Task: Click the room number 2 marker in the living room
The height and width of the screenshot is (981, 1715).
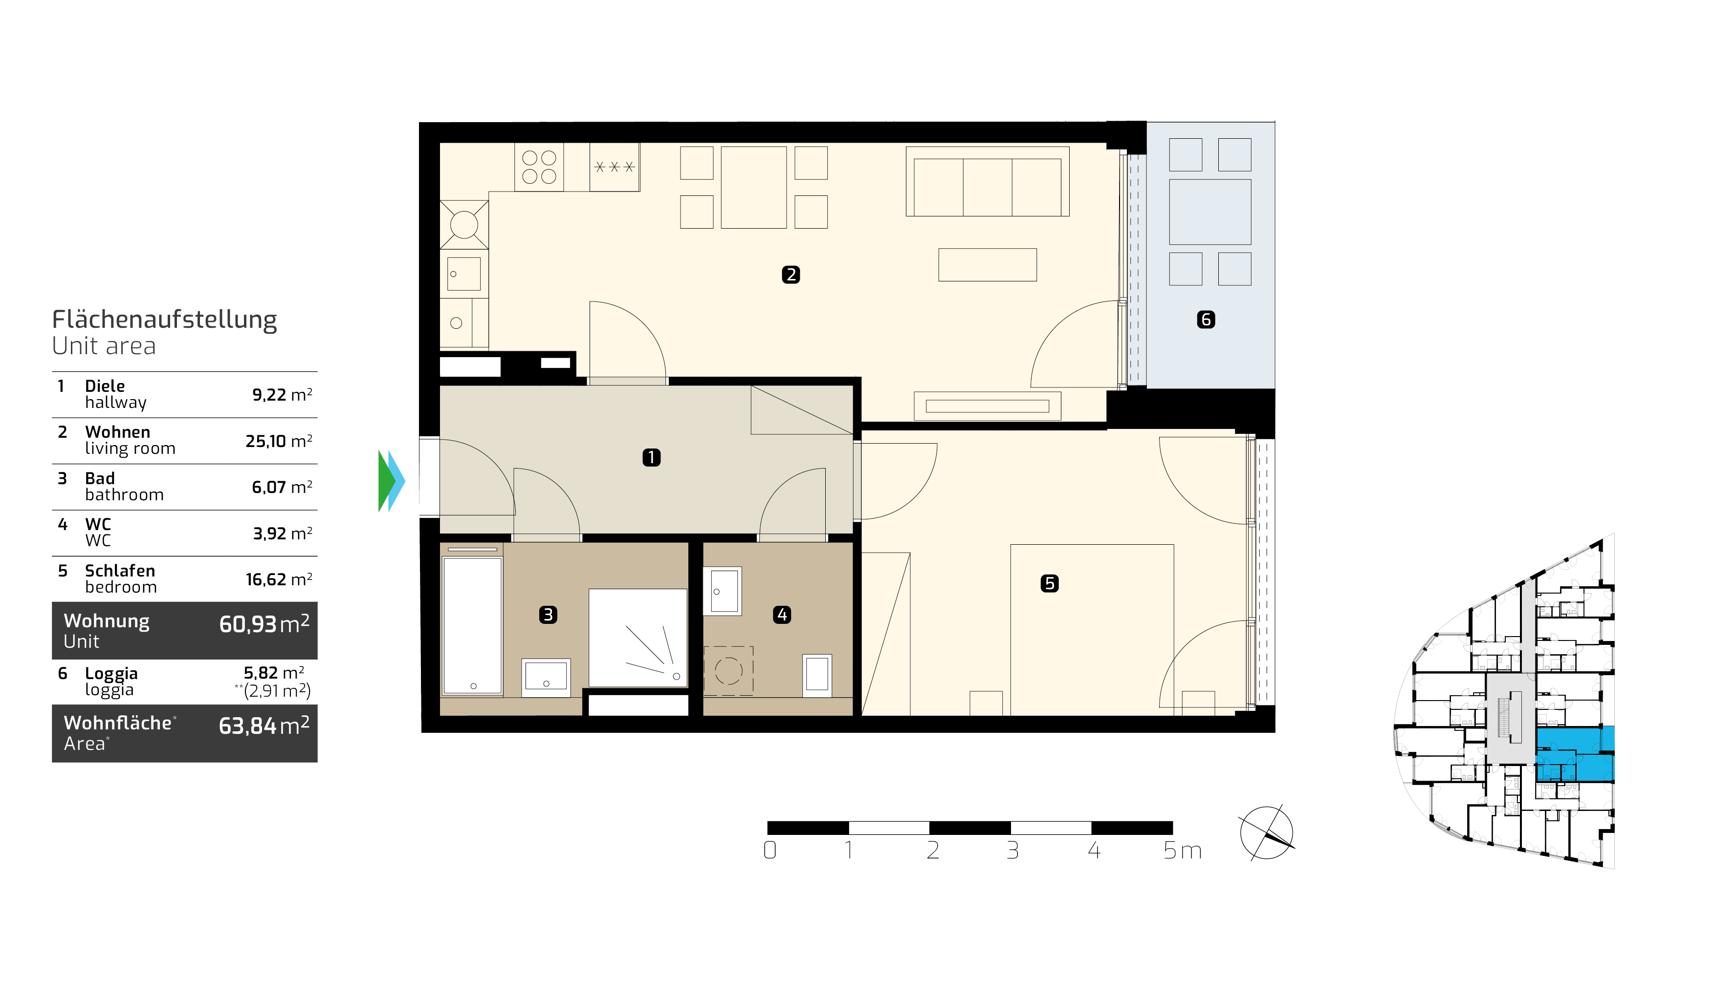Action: click(x=791, y=275)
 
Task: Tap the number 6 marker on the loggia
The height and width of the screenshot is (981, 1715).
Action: click(x=1206, y=320)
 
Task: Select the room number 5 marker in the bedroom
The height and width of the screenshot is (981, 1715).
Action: click(x=1050, y=583)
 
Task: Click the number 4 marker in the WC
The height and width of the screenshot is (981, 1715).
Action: click(x=782, y=615)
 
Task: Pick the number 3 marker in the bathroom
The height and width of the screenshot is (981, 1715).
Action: click(x=548, y=615)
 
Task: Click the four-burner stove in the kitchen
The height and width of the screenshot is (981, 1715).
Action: click(x=539, y=167)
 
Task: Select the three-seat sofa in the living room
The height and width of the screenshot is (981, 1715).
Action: click(x=988, y=181)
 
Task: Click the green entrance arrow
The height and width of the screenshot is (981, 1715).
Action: click(x=386, y=481)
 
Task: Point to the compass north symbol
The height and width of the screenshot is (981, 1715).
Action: click(x=1267, y=833)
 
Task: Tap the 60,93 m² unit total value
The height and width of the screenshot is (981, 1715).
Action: click(x=264, y=624)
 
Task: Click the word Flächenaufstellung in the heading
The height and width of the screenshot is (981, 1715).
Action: click(x=164, y=320)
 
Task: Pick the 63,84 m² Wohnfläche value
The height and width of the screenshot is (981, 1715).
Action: click(x=264, y=725)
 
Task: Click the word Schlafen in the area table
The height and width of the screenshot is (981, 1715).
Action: click(x=120, y=571)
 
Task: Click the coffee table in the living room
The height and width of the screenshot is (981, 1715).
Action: click(x=988, y=265)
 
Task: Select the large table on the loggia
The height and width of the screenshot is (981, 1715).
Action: click(x=1210, y=212)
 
